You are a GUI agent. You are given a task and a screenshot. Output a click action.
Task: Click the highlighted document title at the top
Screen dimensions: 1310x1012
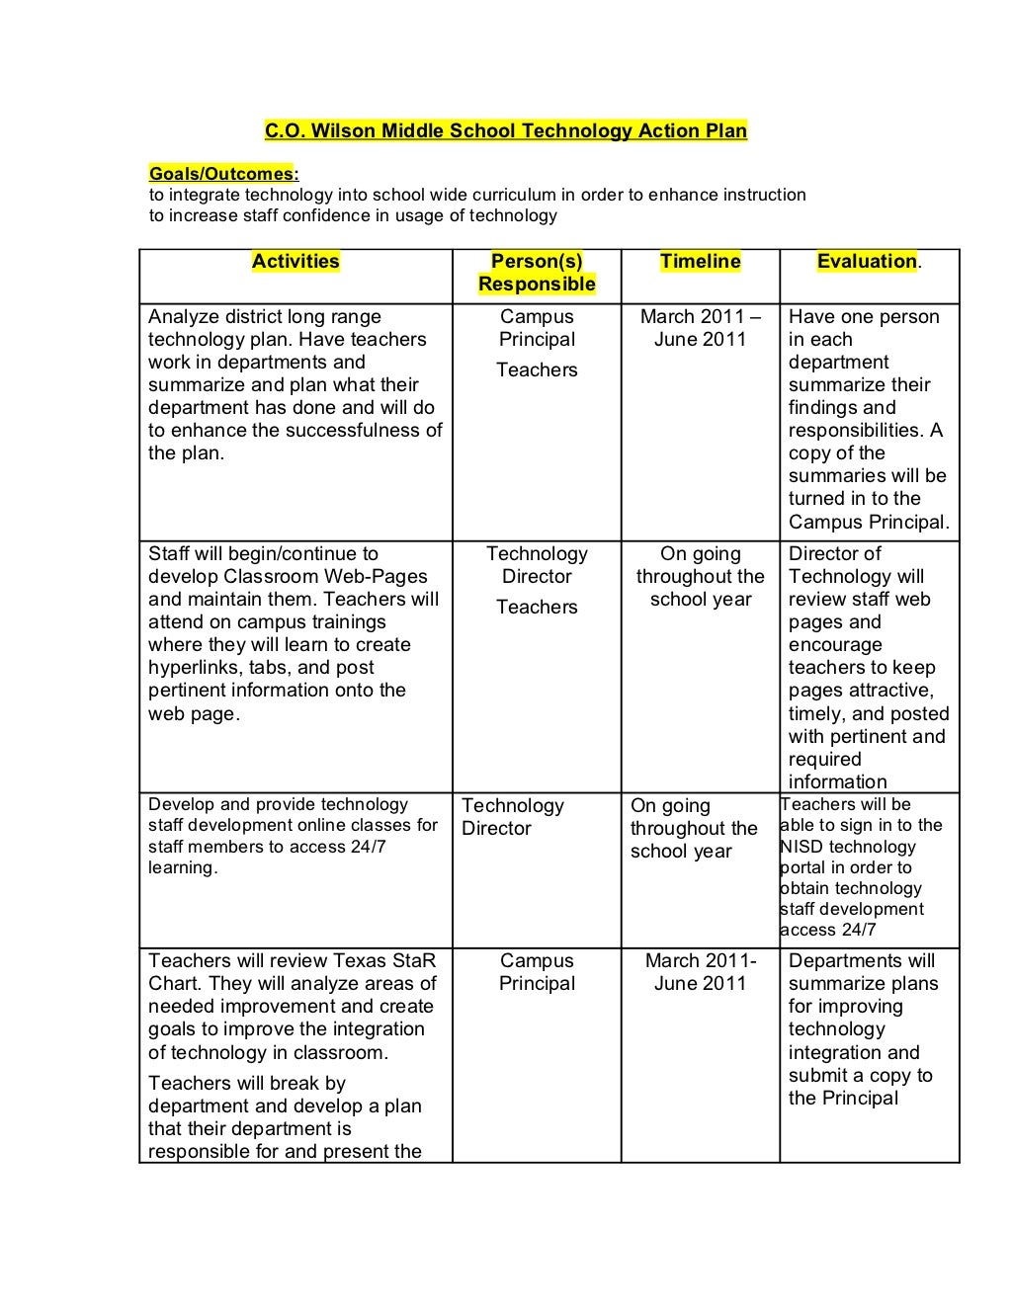505,130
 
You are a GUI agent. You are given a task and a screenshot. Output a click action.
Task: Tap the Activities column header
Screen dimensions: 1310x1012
295,262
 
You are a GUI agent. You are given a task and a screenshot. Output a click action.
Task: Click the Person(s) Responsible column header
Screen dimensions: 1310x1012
537,274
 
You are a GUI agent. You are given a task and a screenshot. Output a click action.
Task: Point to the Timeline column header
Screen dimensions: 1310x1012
700,262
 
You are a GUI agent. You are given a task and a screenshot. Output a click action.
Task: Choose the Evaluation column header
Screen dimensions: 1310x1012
867,262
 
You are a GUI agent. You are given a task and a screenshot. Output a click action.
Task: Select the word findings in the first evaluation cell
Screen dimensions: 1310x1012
825,408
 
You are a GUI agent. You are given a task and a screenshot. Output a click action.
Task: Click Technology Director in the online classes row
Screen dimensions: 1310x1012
512,818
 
